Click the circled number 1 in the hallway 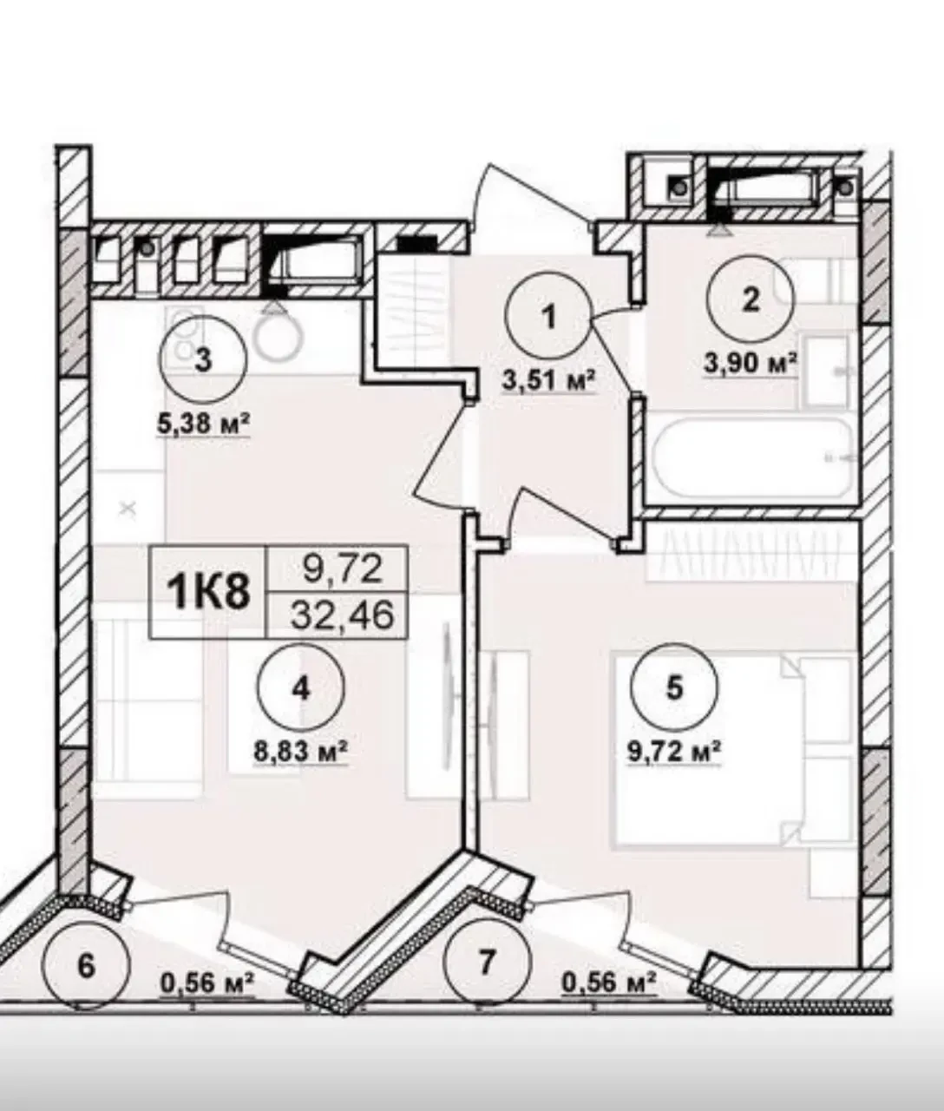click(548, 317)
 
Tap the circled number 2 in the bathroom click(750, 300)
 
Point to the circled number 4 click(301, 687)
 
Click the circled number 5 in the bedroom click(674, 687)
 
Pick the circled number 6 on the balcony click(87, 967)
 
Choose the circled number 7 click(485, 962)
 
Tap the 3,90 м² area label click(750, 364)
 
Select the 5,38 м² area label click(203, 424)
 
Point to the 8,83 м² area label click(301, 752)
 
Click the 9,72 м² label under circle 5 click(674, 752)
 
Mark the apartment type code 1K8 click(208, 593)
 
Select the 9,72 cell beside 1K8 click(343, 569)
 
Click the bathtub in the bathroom click(752, 457)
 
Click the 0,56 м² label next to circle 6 click(206, 984)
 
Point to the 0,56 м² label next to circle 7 click(609, 984)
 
